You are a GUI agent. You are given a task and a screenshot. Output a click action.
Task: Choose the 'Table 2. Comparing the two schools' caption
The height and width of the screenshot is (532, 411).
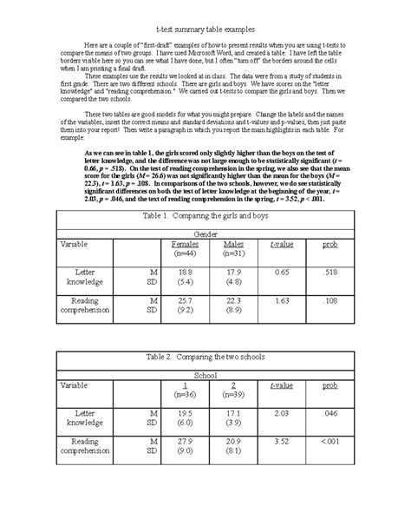205,381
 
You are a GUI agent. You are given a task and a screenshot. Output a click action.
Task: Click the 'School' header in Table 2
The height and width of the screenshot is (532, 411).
205,399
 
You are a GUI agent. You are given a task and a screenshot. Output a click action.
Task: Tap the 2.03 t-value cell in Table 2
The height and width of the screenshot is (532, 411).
281,438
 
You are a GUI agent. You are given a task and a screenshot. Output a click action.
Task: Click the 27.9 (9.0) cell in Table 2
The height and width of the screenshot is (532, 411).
185,470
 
